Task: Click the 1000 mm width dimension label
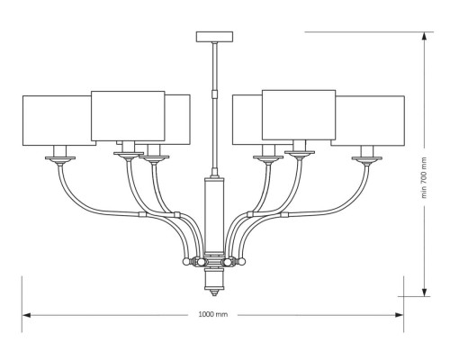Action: [213, 314]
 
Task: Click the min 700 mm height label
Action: [424, 177]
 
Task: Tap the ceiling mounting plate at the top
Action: [214, 37]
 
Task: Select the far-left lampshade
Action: [59, 121]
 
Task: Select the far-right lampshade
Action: [368, 121]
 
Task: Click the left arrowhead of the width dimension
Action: [27, 315]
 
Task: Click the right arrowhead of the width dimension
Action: [399, 315]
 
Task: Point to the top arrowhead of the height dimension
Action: [424, 37]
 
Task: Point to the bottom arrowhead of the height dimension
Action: [424, 292]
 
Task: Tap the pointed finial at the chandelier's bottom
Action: [213, 292]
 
